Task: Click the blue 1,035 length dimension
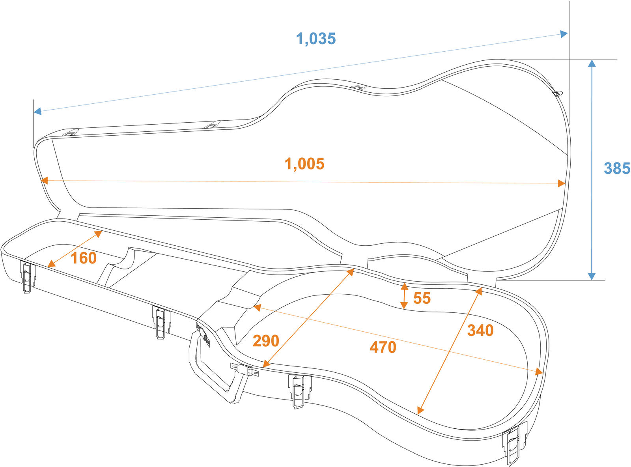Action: [x=316, y=39]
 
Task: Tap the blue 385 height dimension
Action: [x=617, y=168]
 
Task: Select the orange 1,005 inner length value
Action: [x=304, y=164]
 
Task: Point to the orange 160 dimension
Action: [x=84, y=258]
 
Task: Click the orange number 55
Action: [x=422, y=298]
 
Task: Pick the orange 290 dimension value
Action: [x=266, y=341]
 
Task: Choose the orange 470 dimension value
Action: [x=383, y=347]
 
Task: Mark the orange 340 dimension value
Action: [x=480, y=331]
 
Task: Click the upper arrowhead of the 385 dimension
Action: [x=592, y=64]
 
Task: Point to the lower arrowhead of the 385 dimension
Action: [x=592, y=276]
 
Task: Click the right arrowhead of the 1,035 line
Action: [x=564, y=34]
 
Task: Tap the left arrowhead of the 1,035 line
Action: [x=37, y=112]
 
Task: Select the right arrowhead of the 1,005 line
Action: [x=561, y=183]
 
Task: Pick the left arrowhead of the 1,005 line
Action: [x=44, y=181]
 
